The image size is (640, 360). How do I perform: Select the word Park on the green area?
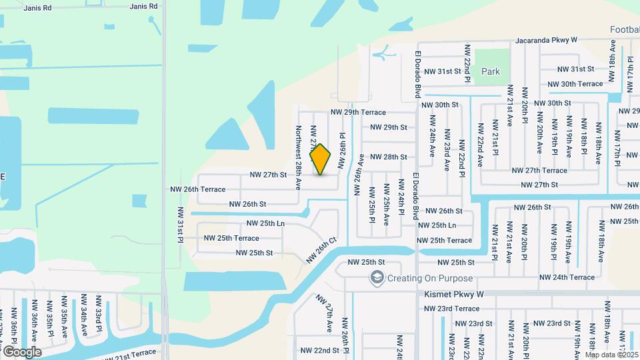coord(491,71)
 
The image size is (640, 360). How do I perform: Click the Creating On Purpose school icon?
coord(377,278)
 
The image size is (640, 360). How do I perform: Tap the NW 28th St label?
coord(389,157)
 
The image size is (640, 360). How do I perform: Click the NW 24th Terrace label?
coord(567,277)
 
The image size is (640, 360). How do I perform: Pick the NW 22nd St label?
coord(320,350)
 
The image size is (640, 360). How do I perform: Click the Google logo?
coord(22,351)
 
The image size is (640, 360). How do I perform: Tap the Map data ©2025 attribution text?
coord(612,355)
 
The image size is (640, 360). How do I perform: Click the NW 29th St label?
coord(389,127)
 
